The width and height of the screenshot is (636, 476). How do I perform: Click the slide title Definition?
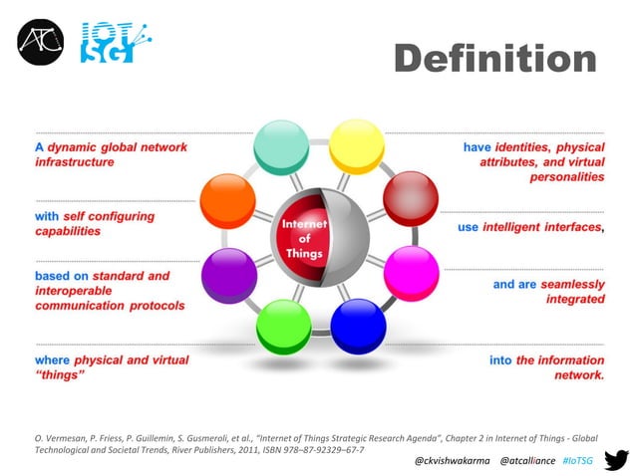[495, 58]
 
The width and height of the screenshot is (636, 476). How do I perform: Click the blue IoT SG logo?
[110, 41]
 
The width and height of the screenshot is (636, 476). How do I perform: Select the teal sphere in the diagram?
[281, 146]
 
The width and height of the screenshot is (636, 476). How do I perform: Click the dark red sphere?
[406, 195]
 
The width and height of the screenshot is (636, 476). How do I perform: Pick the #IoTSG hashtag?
[577, 461]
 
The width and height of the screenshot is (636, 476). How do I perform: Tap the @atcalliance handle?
[527, 461]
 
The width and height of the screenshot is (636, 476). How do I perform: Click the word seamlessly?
[572, 284]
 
